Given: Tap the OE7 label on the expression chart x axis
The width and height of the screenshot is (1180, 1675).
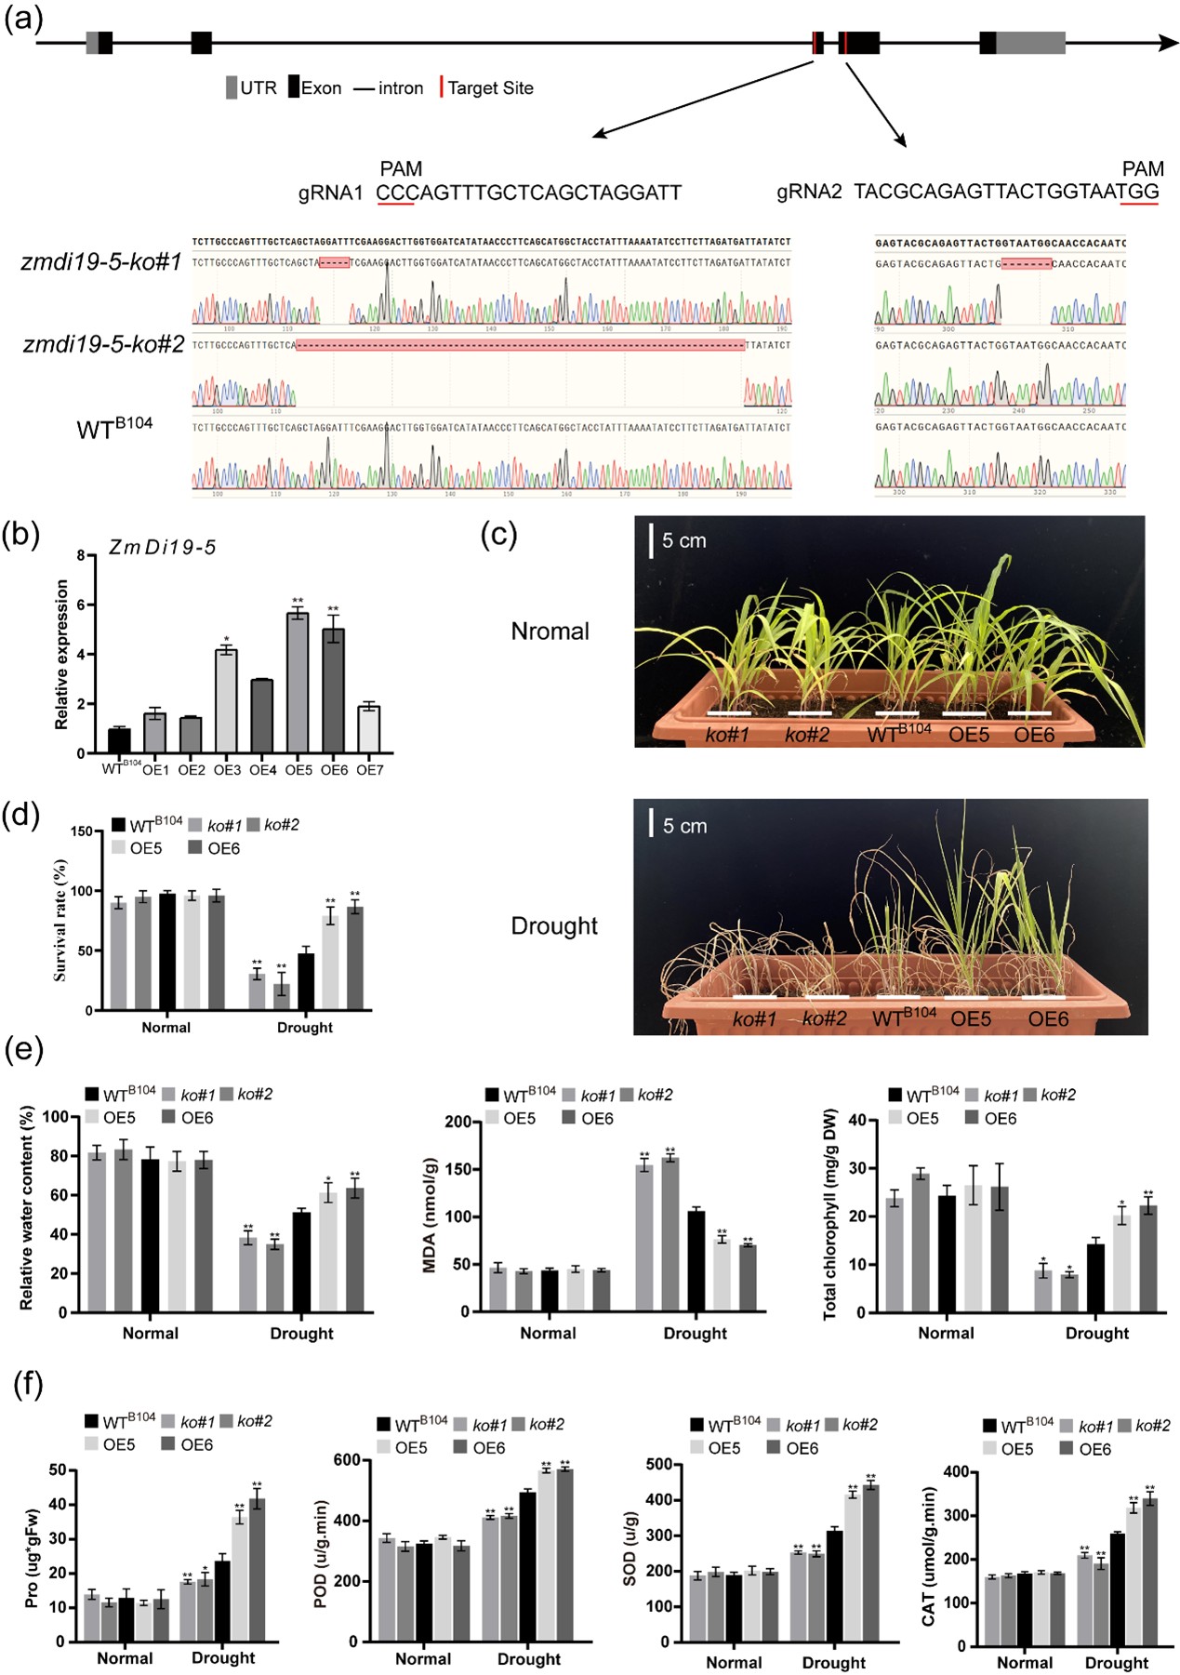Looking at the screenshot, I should (x=370, y=770).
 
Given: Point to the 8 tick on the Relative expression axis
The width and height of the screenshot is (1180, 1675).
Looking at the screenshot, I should (x=81, y=556).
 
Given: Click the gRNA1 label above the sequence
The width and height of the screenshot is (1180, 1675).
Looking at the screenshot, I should (x=330, y=193).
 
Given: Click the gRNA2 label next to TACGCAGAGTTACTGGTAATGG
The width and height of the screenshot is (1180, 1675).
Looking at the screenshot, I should (x=809, y=193).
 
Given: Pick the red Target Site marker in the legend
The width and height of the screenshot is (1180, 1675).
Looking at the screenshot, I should (x=442, y=87).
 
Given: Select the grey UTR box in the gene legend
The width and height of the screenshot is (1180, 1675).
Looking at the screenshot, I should (x=232, y=87).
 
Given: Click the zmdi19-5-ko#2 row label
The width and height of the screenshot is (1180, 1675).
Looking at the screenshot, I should (x=103, y=345).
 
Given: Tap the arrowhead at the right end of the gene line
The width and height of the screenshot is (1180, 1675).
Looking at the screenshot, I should (x=1168, y=43).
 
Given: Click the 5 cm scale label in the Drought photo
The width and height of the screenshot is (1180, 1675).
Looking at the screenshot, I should (x=684, y=826).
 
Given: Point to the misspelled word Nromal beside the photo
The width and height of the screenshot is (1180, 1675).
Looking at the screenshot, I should (x=550, y=631).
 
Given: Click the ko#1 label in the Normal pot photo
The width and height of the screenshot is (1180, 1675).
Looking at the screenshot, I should (x=727, y=735).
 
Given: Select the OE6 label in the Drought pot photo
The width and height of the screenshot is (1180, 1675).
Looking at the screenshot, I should (x=1048, y=1019).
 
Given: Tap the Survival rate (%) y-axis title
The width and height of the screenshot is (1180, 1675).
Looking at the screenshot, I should (x=60, y=921).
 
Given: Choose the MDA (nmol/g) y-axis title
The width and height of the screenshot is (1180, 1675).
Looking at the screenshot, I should (x=430, y=1215).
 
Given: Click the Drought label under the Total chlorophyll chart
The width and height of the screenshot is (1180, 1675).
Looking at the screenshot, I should (x=1097, y=1333).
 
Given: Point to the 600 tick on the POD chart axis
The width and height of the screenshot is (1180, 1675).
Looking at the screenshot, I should (x=346, y=1460).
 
